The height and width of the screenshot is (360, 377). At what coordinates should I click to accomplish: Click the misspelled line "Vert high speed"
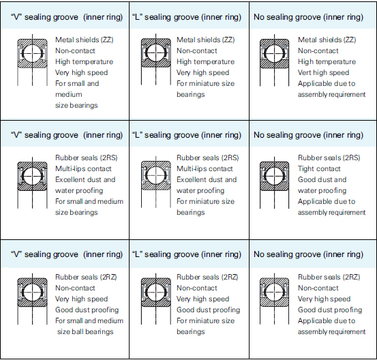coord(323,72)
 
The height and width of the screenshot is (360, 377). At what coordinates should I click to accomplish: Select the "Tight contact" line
coord(319,168)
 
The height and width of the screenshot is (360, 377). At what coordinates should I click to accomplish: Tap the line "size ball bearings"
coord(85,331)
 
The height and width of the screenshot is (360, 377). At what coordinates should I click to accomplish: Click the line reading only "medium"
coord(69,94)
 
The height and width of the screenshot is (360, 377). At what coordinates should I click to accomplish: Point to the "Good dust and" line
coord(322,179)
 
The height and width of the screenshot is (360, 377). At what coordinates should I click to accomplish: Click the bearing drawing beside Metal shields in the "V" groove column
coord(32,60)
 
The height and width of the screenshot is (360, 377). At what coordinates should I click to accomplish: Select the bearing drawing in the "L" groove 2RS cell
coord(156,182)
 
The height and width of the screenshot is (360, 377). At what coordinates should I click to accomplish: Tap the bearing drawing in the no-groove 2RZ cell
coord(274,299)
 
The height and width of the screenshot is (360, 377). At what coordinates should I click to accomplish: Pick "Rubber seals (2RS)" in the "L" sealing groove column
coord(208,157)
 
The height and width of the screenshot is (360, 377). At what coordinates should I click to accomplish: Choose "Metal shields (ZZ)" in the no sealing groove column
coord(327,40)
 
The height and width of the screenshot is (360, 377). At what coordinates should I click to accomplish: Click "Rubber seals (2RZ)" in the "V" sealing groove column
coord(86,277)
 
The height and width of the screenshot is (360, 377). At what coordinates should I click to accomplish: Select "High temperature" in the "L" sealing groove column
coord(206,61)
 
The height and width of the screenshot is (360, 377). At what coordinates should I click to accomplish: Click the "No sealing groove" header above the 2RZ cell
coord(308,254)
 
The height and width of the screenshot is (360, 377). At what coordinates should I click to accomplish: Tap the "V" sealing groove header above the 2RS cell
coord(67,135)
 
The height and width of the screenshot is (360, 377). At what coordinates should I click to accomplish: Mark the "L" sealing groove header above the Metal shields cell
coord(187,17)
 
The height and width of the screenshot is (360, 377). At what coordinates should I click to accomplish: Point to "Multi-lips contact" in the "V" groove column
coord(83,168)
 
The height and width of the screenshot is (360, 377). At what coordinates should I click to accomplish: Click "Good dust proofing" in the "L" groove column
coord(208,310)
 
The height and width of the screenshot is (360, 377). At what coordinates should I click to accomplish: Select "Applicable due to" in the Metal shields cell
coord(327,83)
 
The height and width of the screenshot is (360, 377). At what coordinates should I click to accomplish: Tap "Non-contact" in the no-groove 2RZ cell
coord(318,288)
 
